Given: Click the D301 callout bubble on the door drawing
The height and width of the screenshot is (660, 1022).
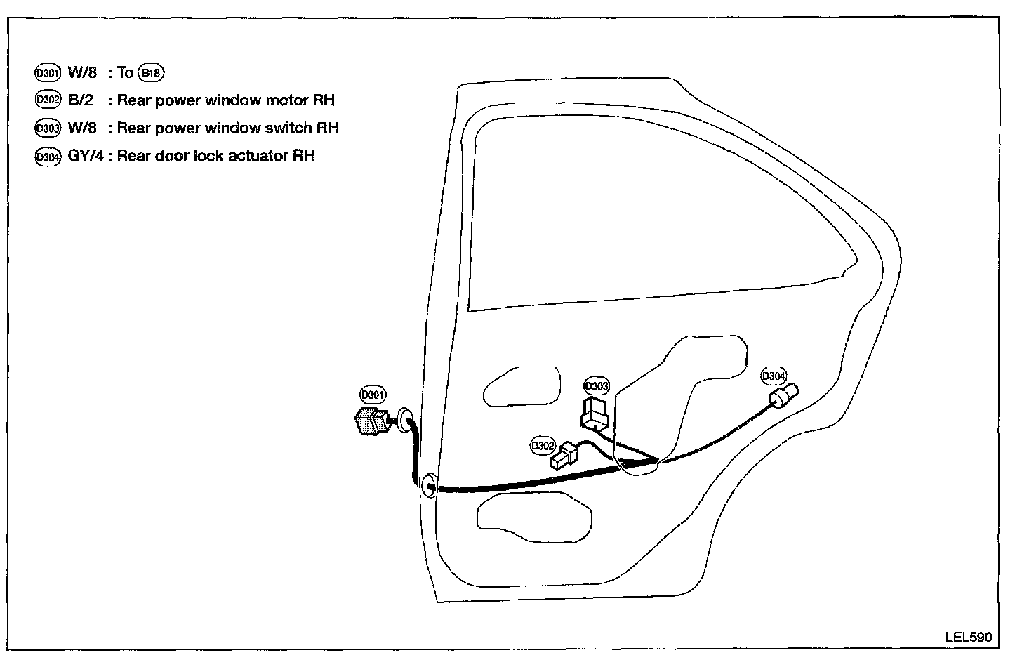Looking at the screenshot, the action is coord(373,395).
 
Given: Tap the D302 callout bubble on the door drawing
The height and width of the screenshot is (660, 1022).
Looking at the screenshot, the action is coord(543,445).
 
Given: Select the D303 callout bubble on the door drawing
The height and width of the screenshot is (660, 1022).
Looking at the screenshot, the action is coord(597,386).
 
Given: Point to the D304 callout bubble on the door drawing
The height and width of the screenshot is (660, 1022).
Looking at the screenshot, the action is coord(774,376).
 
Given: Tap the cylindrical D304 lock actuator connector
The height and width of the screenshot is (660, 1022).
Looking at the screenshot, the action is coord(785,397).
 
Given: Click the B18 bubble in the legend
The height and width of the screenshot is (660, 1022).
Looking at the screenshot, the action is coord(151,72).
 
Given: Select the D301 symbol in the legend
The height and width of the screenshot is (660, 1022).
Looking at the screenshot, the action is coord(48,72).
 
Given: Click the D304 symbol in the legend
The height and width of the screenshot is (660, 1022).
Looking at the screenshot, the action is coord(48,157).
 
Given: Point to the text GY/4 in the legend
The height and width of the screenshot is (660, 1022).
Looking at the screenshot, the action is coord(86,156).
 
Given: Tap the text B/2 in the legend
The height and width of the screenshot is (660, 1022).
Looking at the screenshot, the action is coord(80,100).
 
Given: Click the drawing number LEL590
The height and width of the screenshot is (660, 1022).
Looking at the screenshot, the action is coord(969,637).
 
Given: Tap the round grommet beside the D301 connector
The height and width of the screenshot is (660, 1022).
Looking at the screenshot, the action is coord(404,420).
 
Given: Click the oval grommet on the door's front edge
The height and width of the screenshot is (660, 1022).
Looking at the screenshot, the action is coord(428,486).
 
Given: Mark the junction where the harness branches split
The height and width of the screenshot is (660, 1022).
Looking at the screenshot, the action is coord(656,461).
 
